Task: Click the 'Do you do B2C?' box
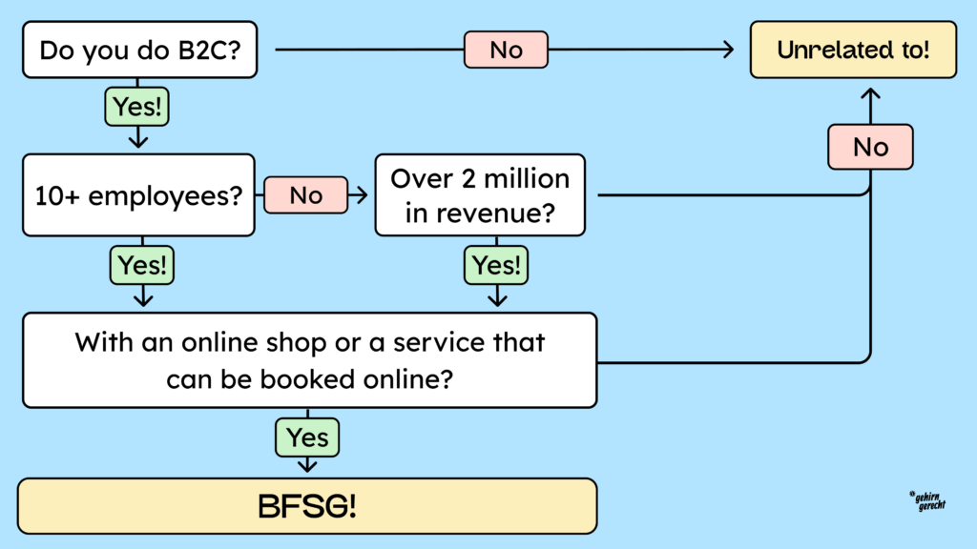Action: (x=140, y=50)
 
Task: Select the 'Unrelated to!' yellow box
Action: (x=853, y=50)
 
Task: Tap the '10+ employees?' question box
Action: (x=138, y=195)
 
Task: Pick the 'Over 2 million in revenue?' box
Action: (x=480, y=195)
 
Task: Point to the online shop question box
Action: (x=309, y=359)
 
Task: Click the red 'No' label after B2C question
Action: (x=506, y=50)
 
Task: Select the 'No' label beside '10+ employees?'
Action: (x=305, y=195)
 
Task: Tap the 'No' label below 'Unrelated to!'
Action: (x=870, y=147)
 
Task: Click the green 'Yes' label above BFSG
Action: (x=307, y=437)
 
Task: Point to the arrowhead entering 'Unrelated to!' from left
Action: (x=731, y=50)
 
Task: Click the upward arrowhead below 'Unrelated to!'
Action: (x=870, y=92)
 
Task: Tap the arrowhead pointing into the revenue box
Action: (x=364, y=195)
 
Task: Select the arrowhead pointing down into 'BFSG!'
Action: (x=307, y=467)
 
